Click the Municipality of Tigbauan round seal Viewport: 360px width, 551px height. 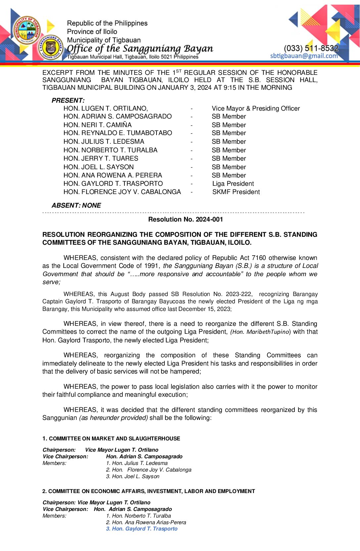pyautogui.click(x=27, y=30)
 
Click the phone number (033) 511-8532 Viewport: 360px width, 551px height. pyautogui.click(x=311, y=48)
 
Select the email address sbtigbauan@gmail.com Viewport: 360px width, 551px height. pyautogui.click(x=304, y=56)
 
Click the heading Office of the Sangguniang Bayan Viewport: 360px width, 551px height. pyautogui.click(x=140, y=49)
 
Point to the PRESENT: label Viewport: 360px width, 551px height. pyautogui.click(x=68, y=100)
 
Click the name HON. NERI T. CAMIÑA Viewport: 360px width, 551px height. pyautogui.click(x=98, y=125)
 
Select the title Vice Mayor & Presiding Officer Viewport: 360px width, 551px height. pyautogui.click(x=256, y=109)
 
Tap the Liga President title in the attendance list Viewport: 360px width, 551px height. pyautogui.click(x=233, y=184)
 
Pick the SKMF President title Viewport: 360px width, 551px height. pyautogui.click(x=236, y=192)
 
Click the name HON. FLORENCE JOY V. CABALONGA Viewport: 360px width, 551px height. pyautogui.click(x=122, y=192)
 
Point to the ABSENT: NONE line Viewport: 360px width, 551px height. pyautogui.click(x=76, y=205)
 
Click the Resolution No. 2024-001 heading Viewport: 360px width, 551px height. pyautogui.click(x=186, y=219)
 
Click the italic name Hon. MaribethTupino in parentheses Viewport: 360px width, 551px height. pyautogui.click(x=260, y=332)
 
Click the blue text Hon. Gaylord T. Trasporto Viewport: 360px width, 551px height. pyautogui.click(x=142, y=529)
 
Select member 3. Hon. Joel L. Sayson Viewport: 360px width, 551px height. pyautogui.click(x=133, y=476)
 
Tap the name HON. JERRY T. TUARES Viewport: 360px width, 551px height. pyautogui.click(x=101, y=159)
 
